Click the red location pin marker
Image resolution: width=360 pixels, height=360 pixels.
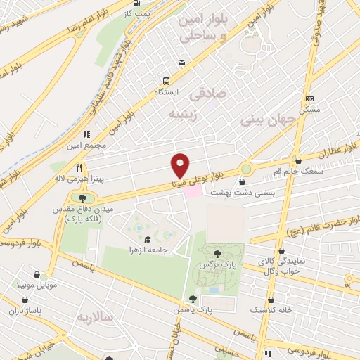[x=180, y=165]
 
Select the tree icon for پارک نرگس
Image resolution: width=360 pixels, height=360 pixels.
[x=216, y=254]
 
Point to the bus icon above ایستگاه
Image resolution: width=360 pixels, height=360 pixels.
[x=167, y=80]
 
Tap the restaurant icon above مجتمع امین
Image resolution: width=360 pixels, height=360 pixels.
[x=87, y=134]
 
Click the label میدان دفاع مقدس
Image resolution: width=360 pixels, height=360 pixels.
[x=73, y=210]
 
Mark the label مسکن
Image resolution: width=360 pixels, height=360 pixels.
[x=309, y=110]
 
